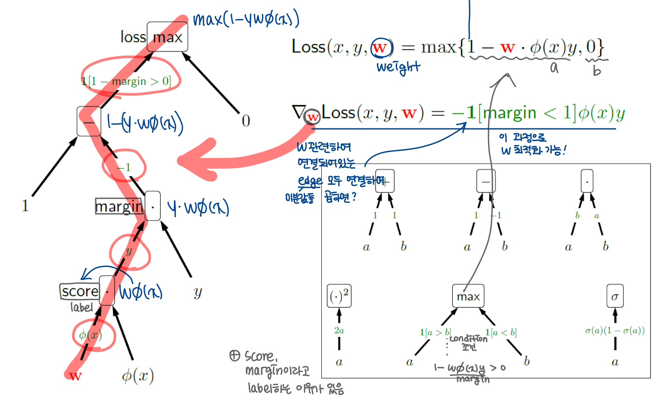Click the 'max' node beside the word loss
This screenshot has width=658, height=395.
[167, 37]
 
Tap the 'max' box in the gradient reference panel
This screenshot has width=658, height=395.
[468, 296]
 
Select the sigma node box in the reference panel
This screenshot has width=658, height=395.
[615, 296]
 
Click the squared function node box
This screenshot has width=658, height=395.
[339, 296]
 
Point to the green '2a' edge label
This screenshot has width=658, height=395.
[339, 330]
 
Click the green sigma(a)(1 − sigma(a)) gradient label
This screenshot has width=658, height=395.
[615, 331]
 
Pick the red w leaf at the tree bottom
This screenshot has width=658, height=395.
[75, 375]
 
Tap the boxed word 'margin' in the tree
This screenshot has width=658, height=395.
[119, 206]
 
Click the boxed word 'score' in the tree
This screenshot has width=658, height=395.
[80, 292]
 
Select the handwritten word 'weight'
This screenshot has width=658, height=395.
[398, 67]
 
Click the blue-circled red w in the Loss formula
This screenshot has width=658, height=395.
[380, 48]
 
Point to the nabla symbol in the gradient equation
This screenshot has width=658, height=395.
[298, 112]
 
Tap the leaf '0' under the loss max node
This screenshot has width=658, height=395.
[246, 121]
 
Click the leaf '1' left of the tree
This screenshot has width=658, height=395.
[25, 205]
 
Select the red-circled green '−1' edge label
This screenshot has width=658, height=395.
[124, 167]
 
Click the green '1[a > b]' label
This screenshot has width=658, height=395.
[435, 333]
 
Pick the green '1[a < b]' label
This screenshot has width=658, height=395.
[501, 333]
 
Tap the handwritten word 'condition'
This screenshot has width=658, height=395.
[469, 339]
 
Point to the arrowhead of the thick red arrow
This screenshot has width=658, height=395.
[184, 161]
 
